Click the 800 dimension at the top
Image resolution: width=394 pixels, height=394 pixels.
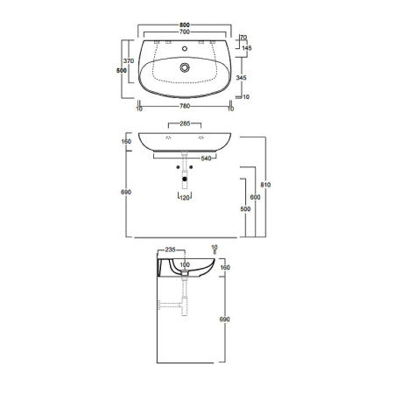click(x=185, y=25)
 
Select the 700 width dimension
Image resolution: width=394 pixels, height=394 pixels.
click(x=185, y=32)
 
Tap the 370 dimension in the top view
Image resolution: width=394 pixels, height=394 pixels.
click(x=129, y=60)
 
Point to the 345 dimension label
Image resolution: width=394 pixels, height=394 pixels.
click(x=241, y=78)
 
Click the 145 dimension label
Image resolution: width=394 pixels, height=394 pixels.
click(x=247, y=48)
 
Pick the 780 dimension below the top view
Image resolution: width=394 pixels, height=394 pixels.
click(x=185, y=106)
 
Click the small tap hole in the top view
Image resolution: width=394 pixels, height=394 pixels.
click(x=185, y=48)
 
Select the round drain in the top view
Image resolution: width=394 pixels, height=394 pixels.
click(x=185, y=67)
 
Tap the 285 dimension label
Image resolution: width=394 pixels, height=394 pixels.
click(x=185, y=123)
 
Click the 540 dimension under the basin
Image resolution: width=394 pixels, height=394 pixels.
click(x=206, y=158)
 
